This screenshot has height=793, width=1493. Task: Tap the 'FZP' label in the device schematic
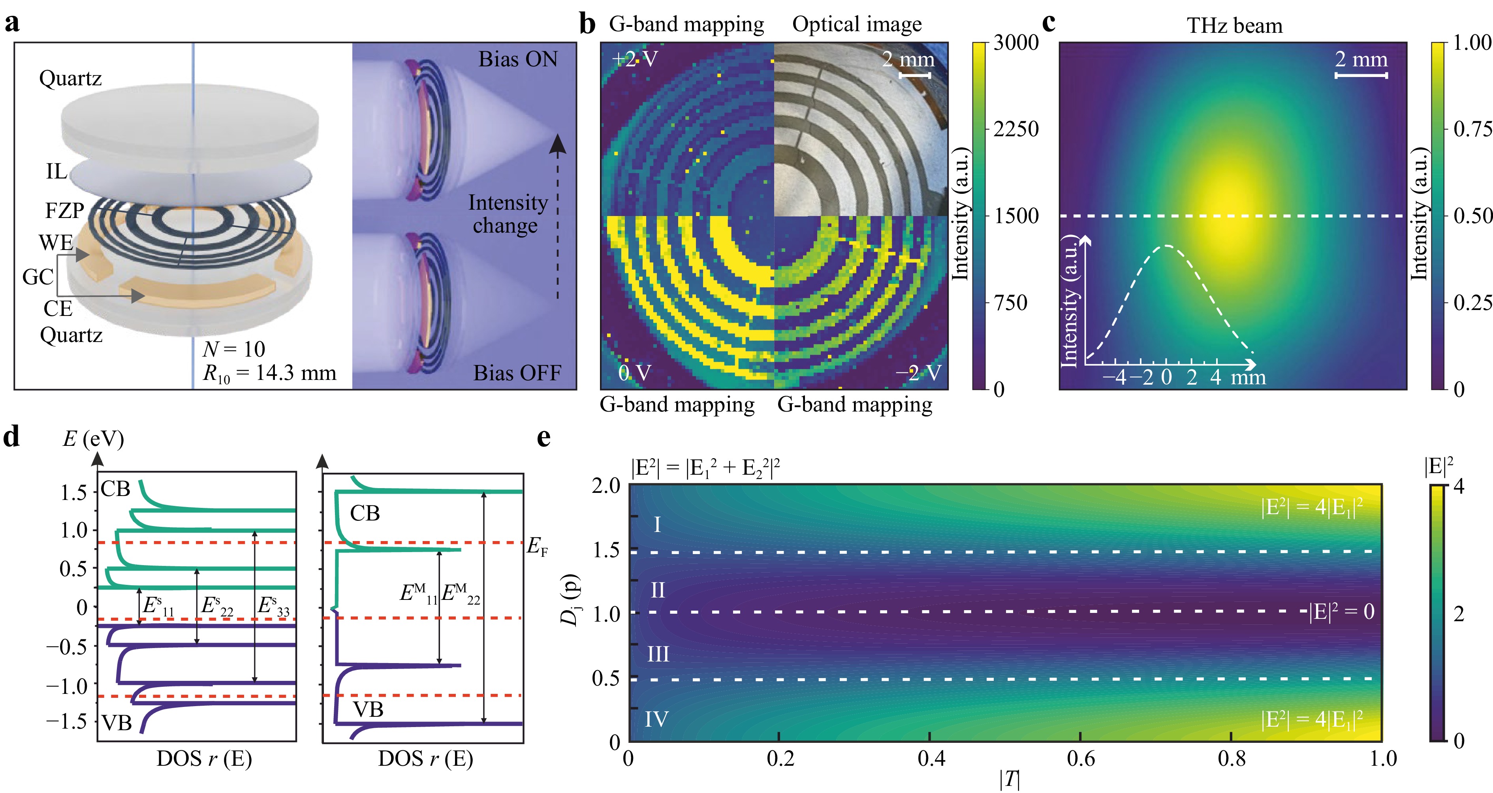point(64,210)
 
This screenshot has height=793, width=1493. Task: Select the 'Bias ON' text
point(517,59)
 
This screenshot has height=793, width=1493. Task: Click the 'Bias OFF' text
point(517,373)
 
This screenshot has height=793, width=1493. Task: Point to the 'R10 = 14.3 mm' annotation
point(269,373)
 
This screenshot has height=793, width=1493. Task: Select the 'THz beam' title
point(1235,26)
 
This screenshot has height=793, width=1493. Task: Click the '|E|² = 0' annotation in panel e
point(1341,612)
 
